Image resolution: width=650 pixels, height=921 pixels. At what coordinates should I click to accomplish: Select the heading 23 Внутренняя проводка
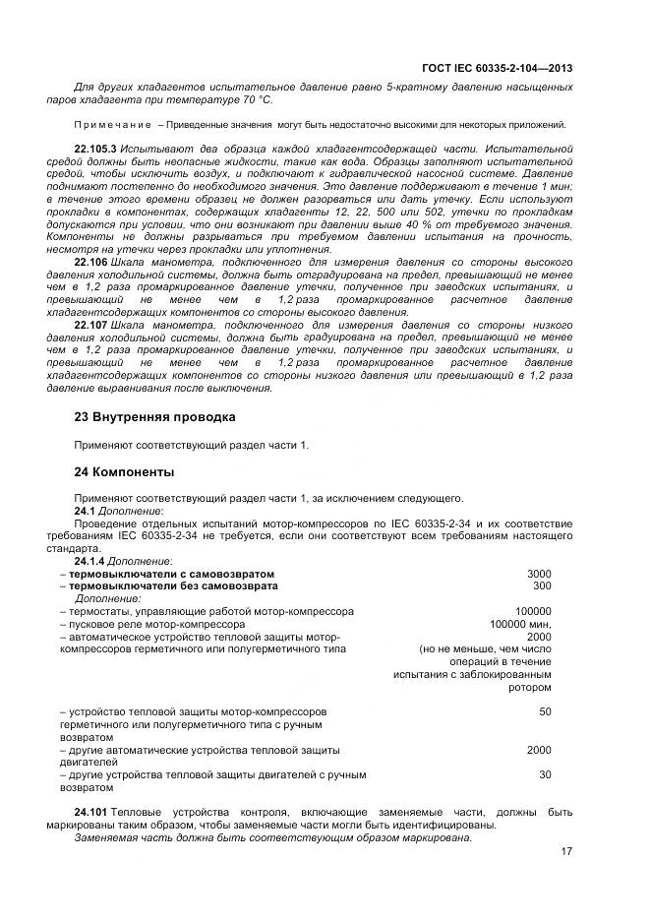pyautogui.click(x=154, y=417)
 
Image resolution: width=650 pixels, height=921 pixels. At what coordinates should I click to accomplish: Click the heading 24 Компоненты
pyautogui.click(x=125, y=471)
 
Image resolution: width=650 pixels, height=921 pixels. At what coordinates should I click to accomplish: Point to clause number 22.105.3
pyautogui.click(x=95, y=147)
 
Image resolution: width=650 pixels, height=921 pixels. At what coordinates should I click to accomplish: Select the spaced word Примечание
pyautogui.click(x=112, y=125)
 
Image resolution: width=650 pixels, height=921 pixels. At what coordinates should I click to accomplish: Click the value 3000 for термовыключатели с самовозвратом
pyautogui.click(x=539, y=574)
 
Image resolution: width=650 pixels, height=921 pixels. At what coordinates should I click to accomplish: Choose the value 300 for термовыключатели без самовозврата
pyautogui.click(x=542, y=585)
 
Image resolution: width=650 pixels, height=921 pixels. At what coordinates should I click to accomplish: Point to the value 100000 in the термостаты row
pyautogui.click(x=533, y=611)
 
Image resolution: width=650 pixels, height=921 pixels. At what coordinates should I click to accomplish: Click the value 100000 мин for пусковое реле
pyautogui.click(x=521, y=624)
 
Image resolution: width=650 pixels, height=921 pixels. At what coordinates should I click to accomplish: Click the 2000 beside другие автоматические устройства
pyautogui.click(x=539, y=750)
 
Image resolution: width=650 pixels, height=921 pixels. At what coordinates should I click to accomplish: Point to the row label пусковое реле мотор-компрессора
pyautogui.click(x=155, y=624)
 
